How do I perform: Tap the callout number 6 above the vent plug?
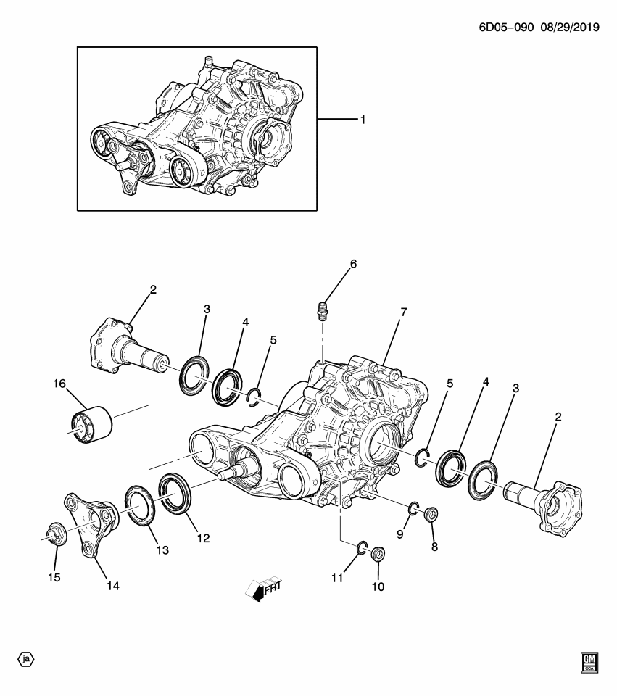(353, 265)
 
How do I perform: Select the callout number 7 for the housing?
(403, 312)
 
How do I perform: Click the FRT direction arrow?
(264, 588)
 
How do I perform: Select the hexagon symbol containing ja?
(26, 659)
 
